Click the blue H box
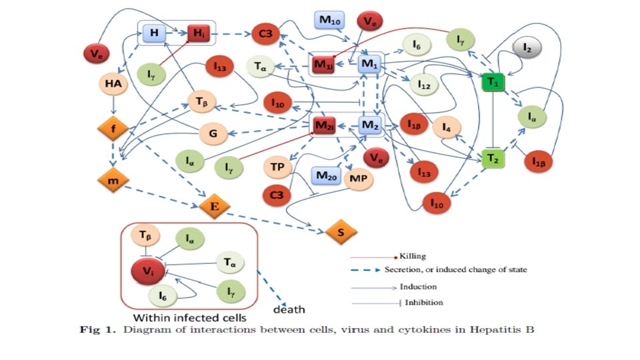coord(154,33)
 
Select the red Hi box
coord(199,33)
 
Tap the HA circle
coord(113,83)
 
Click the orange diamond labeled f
coord(113,129)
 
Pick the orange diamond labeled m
coord(113,180)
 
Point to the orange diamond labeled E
coord(214,207)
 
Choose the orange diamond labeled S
coord(341,231)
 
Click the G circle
coord(213,133)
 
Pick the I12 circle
coord(424,85)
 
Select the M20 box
coord(327,177)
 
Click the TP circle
coord(279,167)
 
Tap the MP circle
coord(358,179)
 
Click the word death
coord(289,309)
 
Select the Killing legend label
coord(413,256)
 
